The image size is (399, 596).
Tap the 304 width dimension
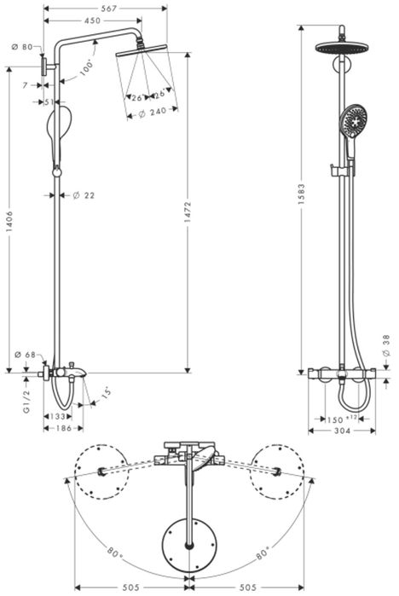[340, 431]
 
